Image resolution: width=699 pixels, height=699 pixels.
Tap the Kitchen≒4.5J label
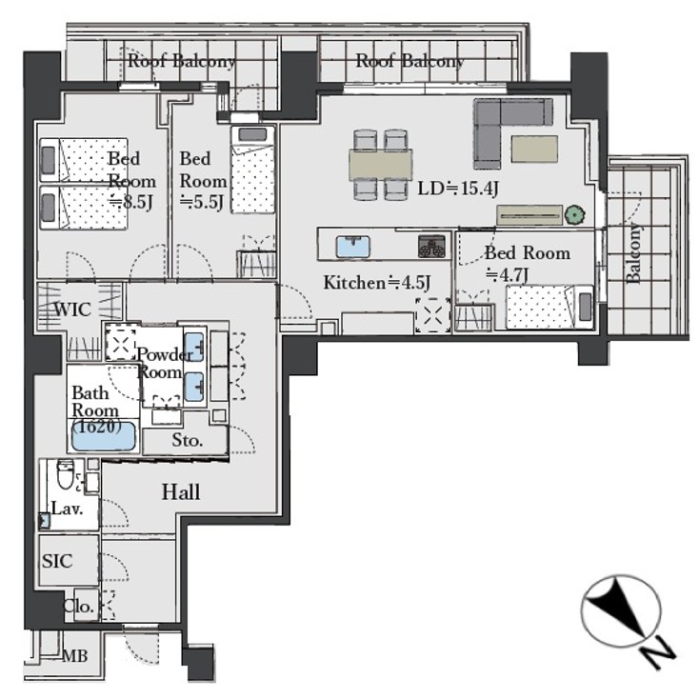tap(377, 282)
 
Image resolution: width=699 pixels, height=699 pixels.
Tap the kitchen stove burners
tap(431, 247)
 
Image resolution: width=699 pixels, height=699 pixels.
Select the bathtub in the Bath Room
tap(106, 437)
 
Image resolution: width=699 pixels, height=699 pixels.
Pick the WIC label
tap(73, 310)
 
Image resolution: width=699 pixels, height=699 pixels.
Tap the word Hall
tap(180, 492)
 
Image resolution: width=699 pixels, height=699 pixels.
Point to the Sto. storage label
tap(188, 441)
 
